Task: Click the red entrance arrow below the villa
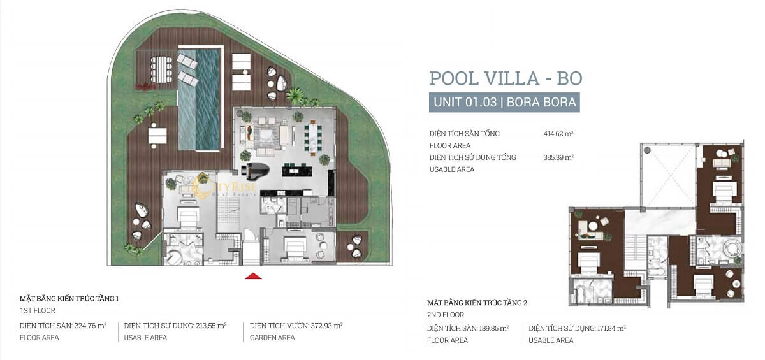(x=253, y=276)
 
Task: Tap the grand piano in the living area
(x=255, y=169)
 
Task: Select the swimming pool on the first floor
(x=200, y=99)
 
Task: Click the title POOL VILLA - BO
(x=506, y=78)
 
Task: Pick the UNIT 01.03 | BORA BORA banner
(x=504, y=103)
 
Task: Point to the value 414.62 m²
(x=558, y=133)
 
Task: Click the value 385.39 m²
(x=558, y=157)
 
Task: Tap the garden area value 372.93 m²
(x=326, y=326)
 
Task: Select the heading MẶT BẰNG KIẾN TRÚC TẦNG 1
(x=69, y=299)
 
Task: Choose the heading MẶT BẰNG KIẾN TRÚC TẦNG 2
(x=477, y=303)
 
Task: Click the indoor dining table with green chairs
(x=313, y=139)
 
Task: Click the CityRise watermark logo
(x=224, y=187)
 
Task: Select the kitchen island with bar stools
(x=297, y=169)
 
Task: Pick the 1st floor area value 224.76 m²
(x=90, y=326)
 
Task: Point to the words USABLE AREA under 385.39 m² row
(x=452, y=169)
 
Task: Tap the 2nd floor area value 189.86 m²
(x=493, y=328)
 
